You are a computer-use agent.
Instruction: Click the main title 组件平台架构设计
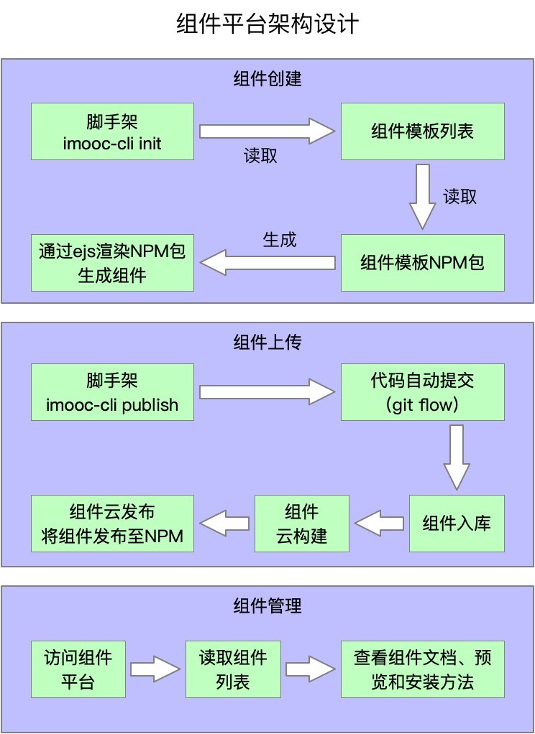click(267, 25)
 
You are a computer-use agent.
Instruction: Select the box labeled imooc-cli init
click(112, 131)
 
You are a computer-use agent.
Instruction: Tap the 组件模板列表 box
click(422, 131)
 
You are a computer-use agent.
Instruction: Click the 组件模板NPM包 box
click(422, 262)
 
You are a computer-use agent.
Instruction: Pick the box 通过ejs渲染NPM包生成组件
click(112, 262)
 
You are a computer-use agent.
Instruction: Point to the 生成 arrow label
click(279, 240)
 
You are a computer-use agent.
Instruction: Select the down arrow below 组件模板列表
click(423, 196)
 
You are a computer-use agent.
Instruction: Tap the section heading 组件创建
click(267, 78)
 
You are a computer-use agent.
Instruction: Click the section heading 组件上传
click(267, 342)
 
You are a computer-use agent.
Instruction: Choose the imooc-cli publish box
click(112, 392)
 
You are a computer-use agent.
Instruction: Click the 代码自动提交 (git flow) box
click(422, 392)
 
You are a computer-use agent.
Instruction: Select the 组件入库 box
click(457, 523)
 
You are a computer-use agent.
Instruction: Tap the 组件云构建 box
click(302, 523)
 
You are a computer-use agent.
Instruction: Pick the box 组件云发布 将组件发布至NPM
click(112, 523)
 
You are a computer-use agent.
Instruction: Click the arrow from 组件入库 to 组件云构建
click(379, 524)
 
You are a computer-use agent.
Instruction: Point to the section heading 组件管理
click(267, 605)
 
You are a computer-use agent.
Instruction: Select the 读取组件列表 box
click(233, 669)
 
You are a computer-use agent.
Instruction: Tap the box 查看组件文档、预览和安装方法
click(422, 669)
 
